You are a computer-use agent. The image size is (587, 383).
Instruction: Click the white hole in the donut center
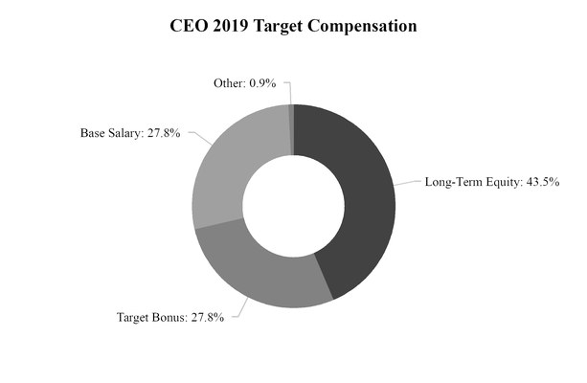point(293,205)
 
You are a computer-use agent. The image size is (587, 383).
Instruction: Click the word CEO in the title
point(188,27)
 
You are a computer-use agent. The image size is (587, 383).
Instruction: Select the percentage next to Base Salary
point(166,132)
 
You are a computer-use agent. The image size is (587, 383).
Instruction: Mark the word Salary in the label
point(124,132)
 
